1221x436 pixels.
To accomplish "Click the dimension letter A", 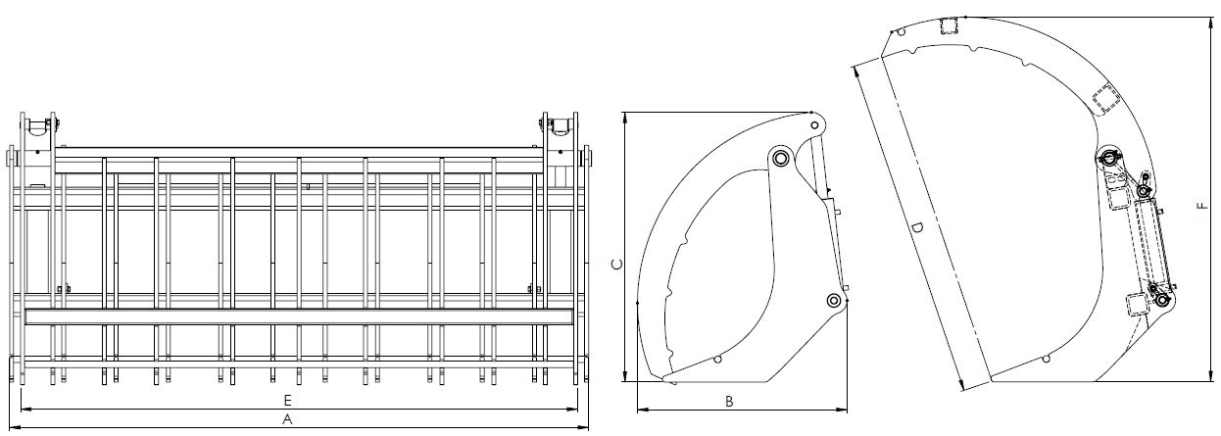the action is pos(287,420).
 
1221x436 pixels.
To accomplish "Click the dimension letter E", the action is pos(288,401).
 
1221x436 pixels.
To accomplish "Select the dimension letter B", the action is pos(729,403).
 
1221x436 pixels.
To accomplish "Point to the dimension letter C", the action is pos(617,265).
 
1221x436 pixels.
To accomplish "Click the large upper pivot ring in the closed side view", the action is pos(780,159).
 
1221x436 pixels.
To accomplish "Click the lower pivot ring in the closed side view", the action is pos(834,300).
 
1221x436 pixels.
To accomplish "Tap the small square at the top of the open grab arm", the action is pos(950,25).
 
